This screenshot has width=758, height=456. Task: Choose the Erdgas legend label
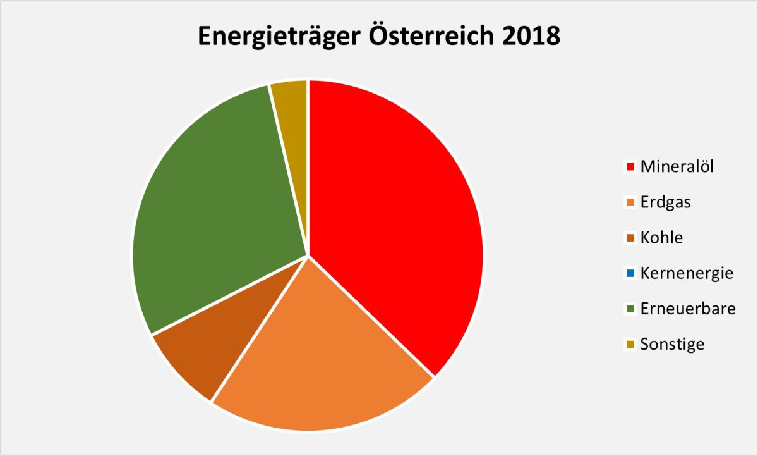pos(665,202)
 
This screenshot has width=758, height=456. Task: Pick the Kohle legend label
pos(661,238)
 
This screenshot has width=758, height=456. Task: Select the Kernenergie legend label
pos(687,273)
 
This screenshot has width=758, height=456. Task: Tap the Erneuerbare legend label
pos(687,309)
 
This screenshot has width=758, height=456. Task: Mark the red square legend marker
pos(630,168)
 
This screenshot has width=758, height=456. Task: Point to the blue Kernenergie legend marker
pos(630,274)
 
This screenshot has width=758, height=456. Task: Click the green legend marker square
pos(630,309)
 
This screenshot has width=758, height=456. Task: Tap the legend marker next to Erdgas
pos(630,203)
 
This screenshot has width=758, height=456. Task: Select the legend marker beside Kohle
pos(630,238)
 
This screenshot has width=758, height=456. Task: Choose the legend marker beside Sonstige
pos(630,345)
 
